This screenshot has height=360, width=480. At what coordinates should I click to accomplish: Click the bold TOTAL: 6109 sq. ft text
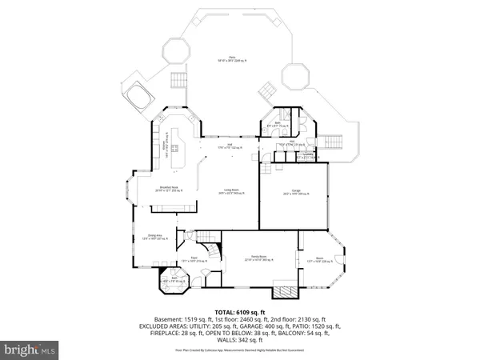coord(239,310)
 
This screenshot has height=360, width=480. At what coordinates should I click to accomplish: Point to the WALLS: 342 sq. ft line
coord(239,341)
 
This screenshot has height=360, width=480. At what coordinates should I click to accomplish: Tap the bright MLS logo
coord(30,349)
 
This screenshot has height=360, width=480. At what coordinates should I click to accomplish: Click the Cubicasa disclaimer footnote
coord(239,350)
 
